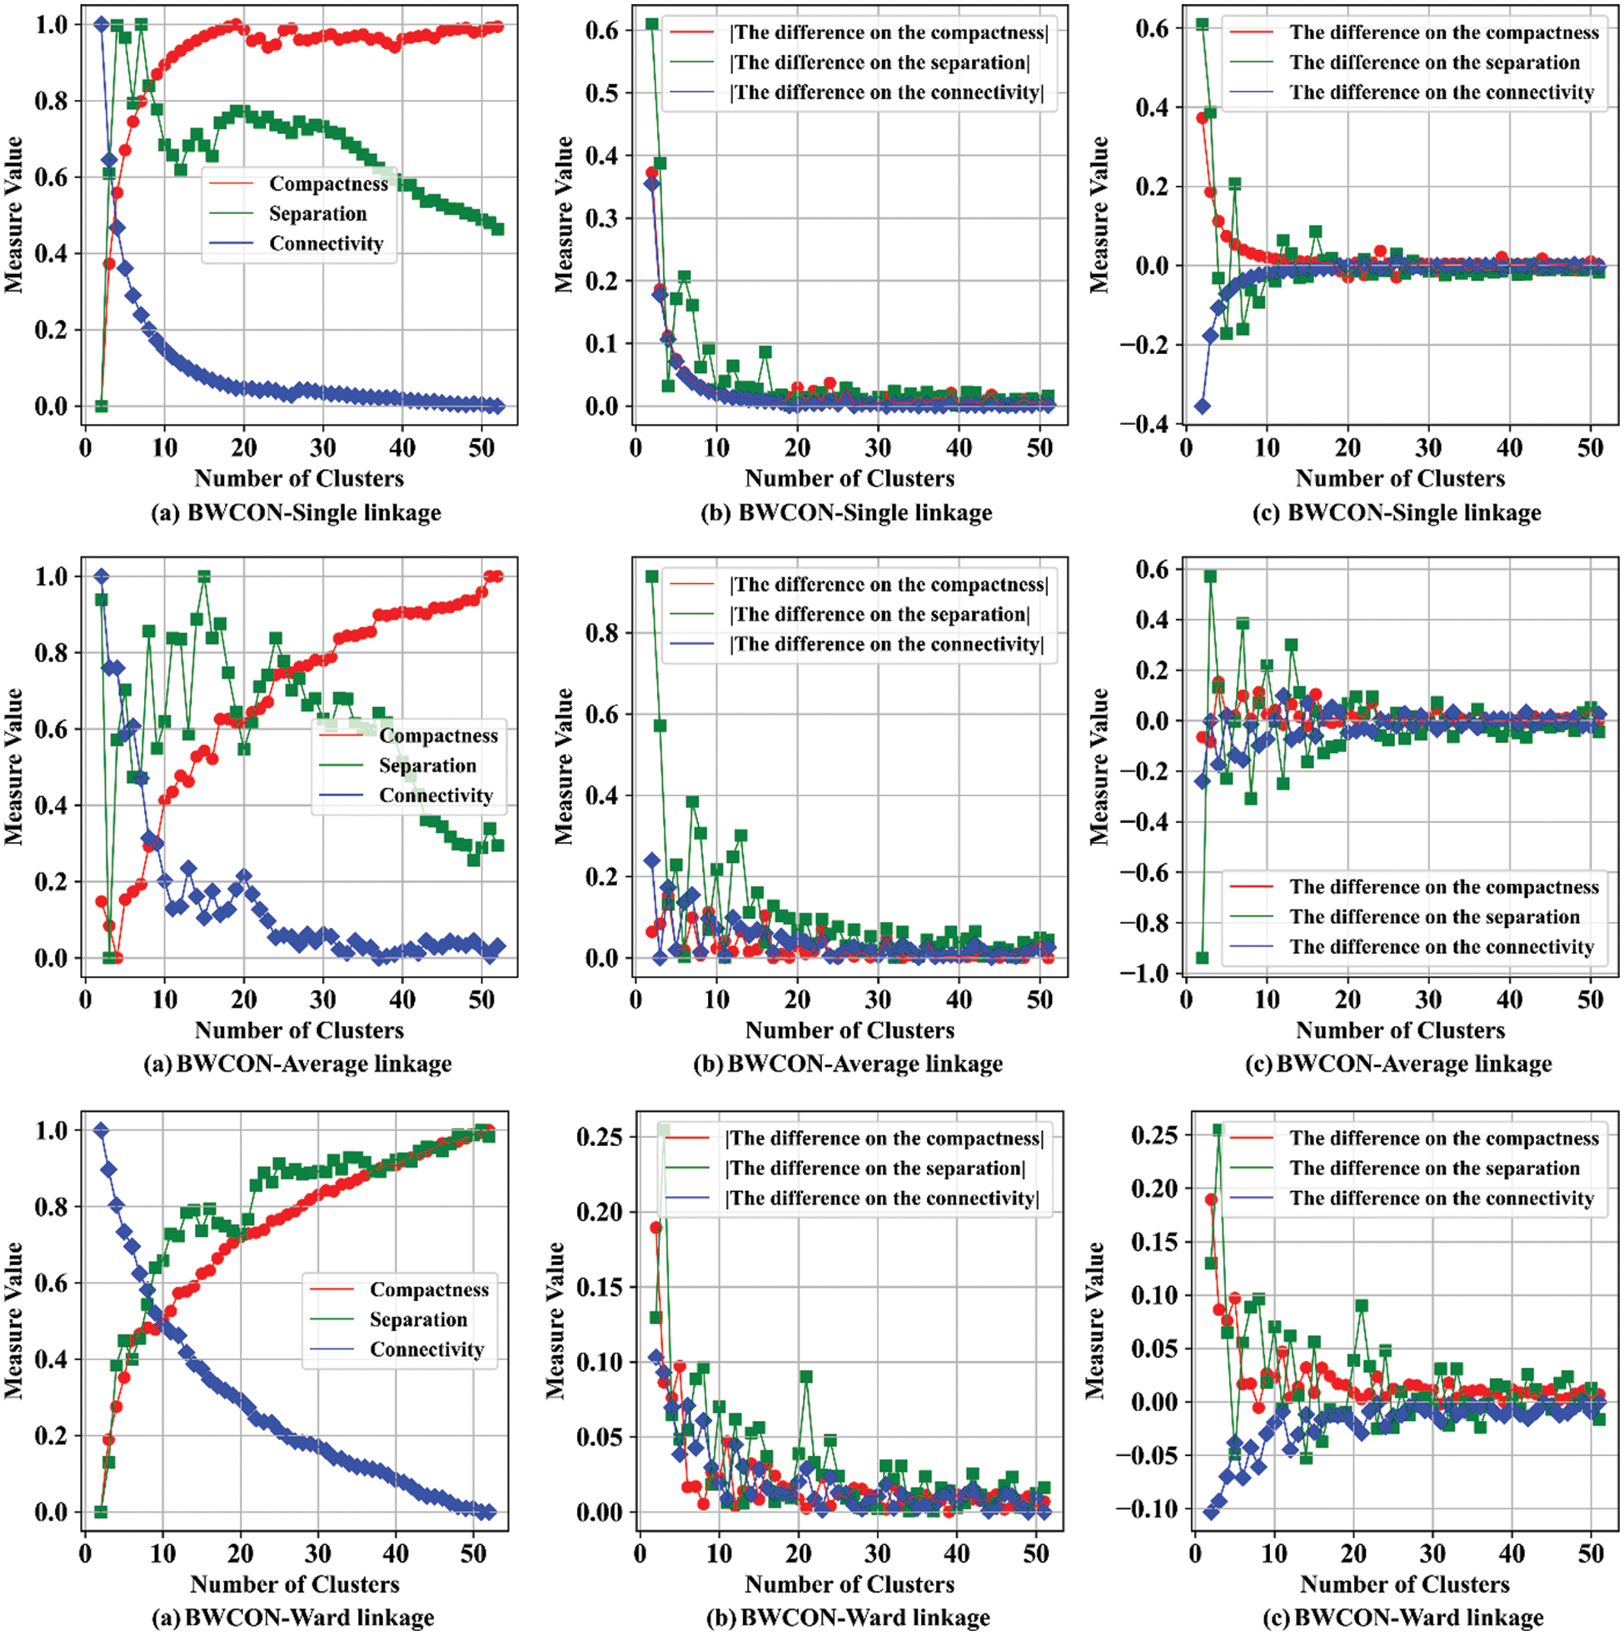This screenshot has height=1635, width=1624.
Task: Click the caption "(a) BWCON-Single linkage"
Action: point(296,513)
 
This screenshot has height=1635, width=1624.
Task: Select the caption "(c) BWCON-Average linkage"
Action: point(1398,1064)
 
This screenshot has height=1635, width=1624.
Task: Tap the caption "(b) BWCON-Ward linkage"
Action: point(848,1618)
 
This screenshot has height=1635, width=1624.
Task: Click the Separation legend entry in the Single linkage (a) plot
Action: point(317,213)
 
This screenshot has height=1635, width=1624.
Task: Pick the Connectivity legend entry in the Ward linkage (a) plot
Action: point(426,1349)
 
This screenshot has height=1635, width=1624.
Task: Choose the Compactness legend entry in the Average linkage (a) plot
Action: point(437,735)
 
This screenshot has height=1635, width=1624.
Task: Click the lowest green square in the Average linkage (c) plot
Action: point(1202,957)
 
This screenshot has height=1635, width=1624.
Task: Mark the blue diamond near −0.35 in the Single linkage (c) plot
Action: point(1202,406)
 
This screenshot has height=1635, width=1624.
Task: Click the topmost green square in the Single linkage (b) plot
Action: point(651,23)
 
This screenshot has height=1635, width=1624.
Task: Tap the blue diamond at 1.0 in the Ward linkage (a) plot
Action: point(101,1129)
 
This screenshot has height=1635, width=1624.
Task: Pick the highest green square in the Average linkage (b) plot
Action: point(651,576)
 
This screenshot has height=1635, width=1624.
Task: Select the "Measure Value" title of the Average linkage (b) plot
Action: point(564,766)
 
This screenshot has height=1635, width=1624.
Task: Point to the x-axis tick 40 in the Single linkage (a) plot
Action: point(402,446)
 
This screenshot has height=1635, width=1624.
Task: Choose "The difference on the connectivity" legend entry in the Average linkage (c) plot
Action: point(1442,947)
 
